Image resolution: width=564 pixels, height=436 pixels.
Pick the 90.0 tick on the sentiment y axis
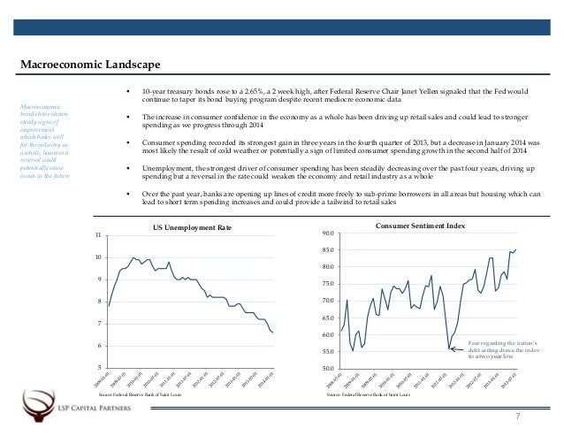[328, 233]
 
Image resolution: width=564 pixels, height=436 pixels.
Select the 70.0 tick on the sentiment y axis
[328, 301]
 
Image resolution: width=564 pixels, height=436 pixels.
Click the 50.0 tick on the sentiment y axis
[328, 368]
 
